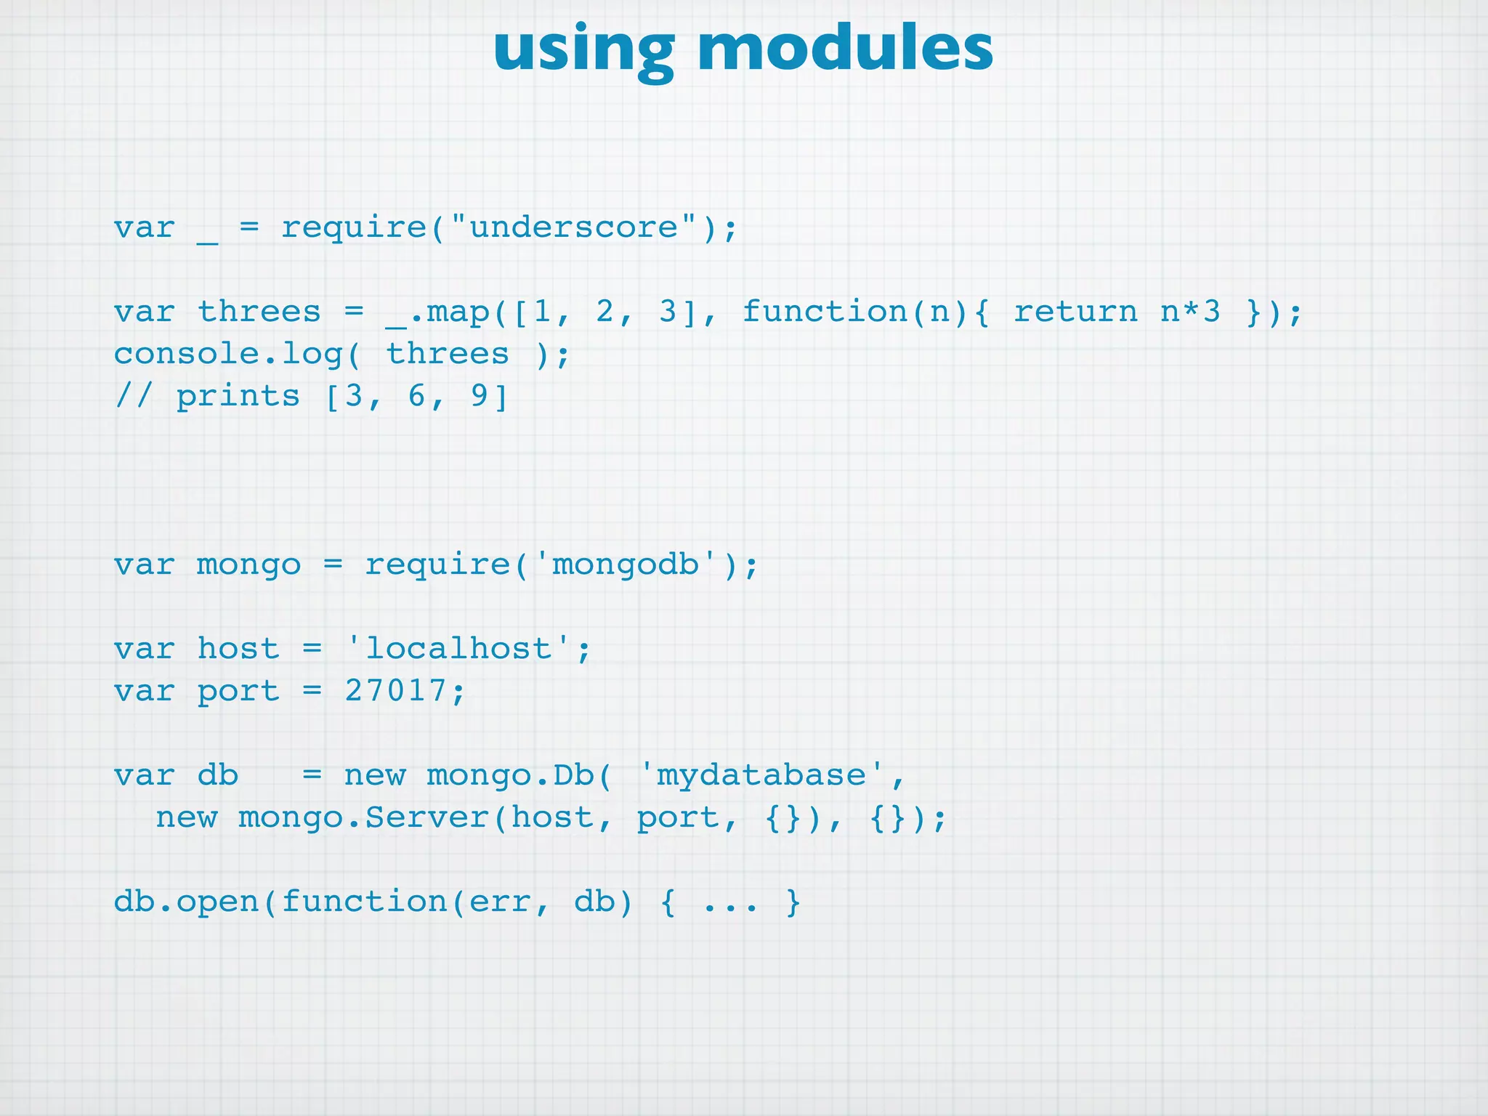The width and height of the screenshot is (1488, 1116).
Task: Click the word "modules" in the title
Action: (x=844, y=49)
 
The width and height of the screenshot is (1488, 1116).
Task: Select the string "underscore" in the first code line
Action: (x=574, y=227)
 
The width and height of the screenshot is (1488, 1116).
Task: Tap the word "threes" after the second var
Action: (x=259, y=312)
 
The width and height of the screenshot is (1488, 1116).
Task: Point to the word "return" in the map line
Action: (x=1075, y=312)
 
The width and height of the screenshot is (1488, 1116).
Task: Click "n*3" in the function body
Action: (x=1190, y=312)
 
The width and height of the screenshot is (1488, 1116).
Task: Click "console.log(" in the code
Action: (x=237, y=354)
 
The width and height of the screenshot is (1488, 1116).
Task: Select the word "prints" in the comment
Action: (x=238, y=397)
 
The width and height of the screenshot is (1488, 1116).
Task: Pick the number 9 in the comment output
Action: (x=480, y=396)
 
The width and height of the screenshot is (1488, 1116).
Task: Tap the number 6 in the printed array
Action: (x=416, y=396)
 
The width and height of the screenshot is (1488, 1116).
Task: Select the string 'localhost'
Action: (x=458, y=648)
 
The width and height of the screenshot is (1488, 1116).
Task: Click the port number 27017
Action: (x=395, y=690)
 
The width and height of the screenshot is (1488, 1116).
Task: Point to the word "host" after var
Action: (x=238, y=648)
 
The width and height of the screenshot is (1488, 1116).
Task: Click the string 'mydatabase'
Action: (x=761, y=775)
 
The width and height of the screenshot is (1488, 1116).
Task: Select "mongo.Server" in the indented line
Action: (x=364, y=818)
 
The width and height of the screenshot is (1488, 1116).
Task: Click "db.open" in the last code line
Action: (x=186, y=902)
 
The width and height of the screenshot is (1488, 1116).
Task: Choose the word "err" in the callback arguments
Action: (x=500, y=902)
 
